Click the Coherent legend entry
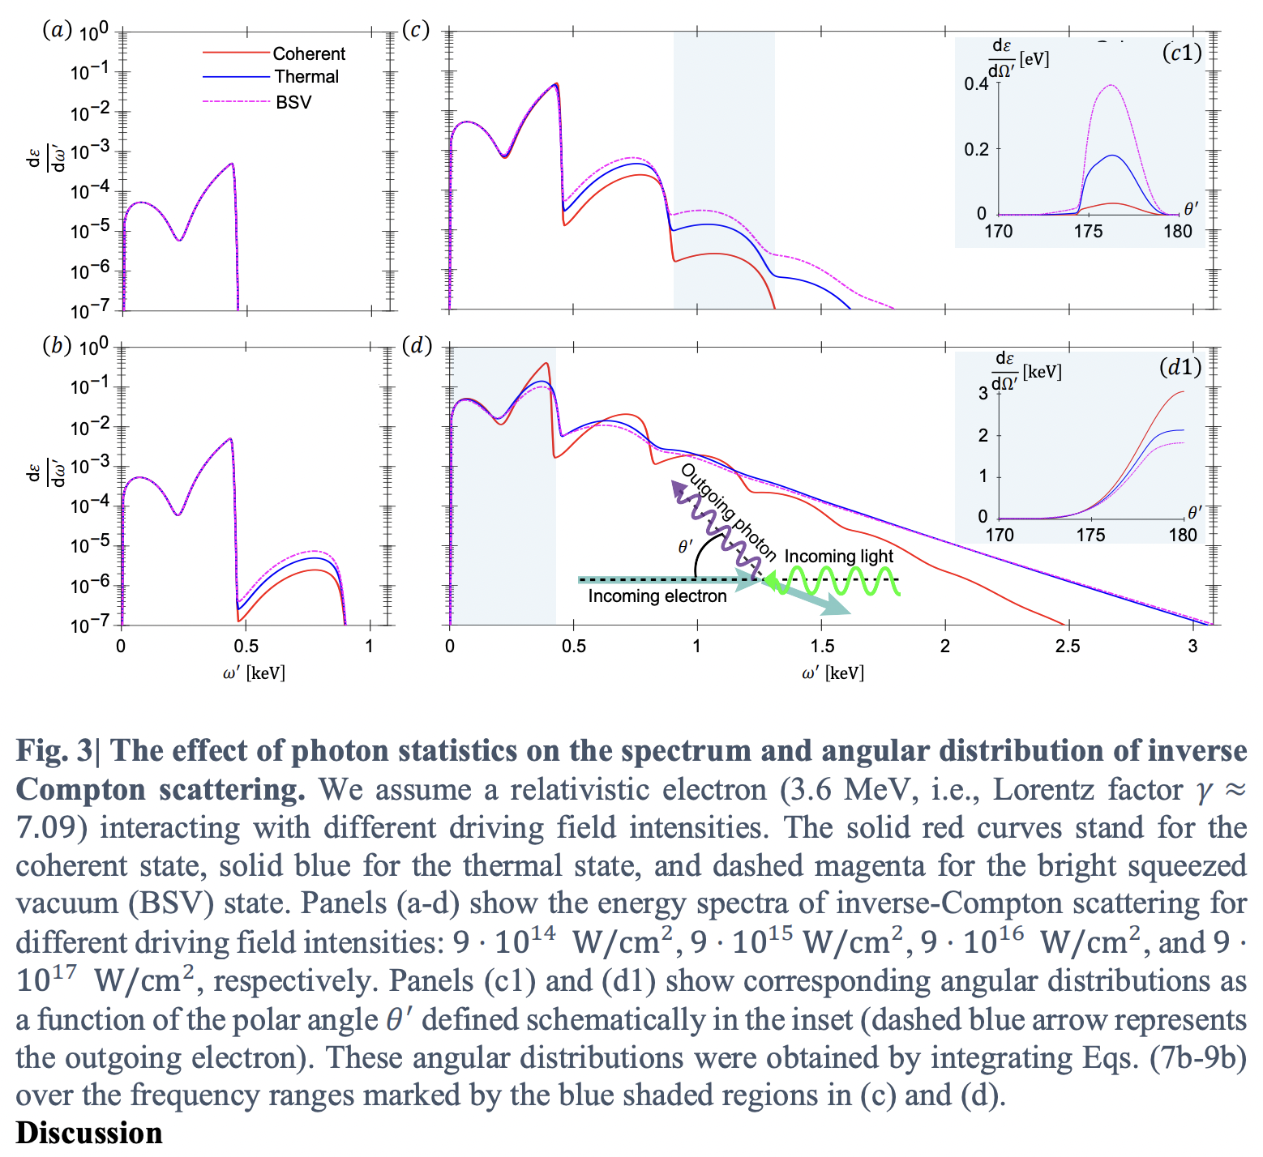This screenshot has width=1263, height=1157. (308, 53)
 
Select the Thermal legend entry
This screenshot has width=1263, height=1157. (306, 77)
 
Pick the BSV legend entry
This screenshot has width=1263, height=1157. (293, 102)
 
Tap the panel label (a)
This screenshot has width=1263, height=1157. (57, 31)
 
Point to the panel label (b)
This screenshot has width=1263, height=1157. (57, 345)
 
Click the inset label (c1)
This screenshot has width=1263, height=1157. (1181, 53)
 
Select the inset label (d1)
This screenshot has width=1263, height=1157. (1180, 367)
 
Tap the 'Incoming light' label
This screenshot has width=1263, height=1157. (838, 557)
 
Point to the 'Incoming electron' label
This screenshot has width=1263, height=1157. (657, 596)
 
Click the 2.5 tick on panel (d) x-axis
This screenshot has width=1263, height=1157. (1068, 646)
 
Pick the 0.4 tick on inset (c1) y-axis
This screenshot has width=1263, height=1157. (976, 84)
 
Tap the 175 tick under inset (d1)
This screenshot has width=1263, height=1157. (1090, 535)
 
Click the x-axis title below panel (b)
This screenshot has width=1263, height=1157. (254, 672)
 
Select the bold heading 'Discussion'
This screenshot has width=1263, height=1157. (89, 1133)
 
